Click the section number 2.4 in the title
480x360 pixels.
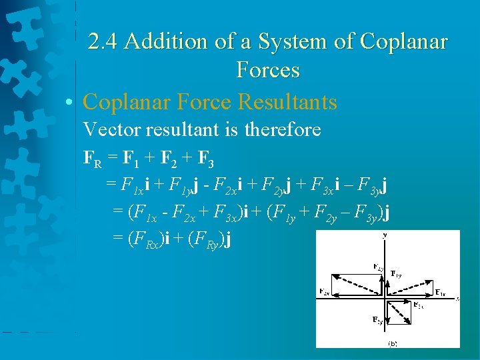[104, 41]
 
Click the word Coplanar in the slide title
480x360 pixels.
[403, 41]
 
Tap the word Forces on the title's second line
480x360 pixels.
[267, 69]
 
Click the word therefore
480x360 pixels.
[283, 129]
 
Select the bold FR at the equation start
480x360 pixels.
[92, 159]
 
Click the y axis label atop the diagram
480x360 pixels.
[385, 235]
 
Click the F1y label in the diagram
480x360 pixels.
[396, 273]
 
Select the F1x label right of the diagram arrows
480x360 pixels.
[440, 292]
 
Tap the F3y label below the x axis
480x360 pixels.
[377, 320]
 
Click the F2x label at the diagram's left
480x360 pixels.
[325, 291]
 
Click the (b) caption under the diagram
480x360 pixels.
[393, 343]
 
